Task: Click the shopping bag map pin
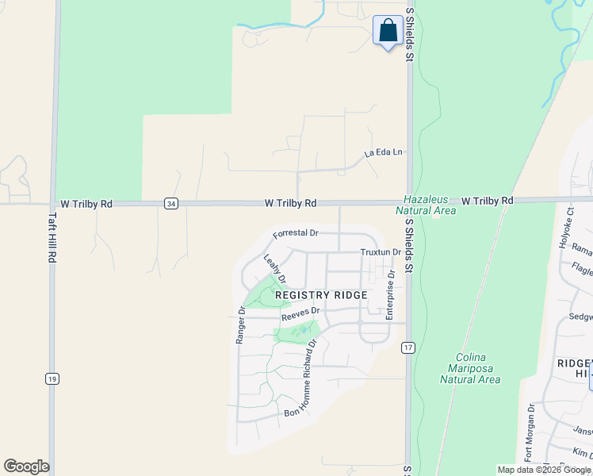(x=387, y=32)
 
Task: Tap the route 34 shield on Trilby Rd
(x=171, y=204)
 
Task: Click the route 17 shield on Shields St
(x=408, y=347)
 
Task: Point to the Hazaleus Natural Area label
(x=429, y=205)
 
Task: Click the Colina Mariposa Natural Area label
(x=470, y=368)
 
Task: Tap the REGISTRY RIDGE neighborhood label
(x=321, y=295)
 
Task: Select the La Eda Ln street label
(x=384, y=152)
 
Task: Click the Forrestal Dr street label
(x=295, y=234)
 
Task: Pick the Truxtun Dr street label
(x=381, y=252)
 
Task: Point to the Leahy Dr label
(x=274, y=268)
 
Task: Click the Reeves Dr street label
(x=300, y=313)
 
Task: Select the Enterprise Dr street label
(x=390, y=294)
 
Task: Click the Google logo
(x=26, y=466)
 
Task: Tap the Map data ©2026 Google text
(x=543, y=470)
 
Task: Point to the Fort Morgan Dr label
(x=529, y=433)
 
